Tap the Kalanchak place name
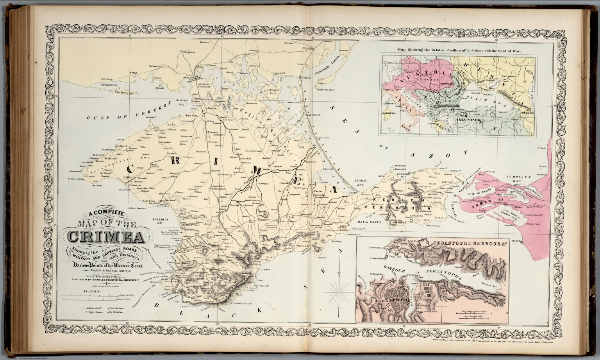coord(155,66)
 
